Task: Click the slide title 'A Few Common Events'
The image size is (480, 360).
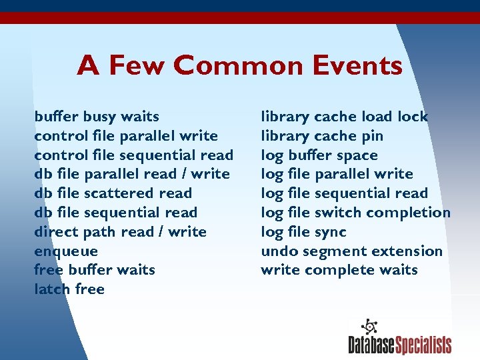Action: coord(239,66)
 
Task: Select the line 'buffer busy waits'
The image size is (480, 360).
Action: coord(97,117)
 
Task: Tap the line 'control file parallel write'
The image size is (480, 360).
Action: coord(126,136)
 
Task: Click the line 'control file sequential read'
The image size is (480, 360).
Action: coord(133,155)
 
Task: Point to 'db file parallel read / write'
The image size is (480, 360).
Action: coord(132,174)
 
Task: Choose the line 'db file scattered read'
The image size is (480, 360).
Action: coord(113,193)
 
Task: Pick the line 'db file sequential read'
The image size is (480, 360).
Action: coord(115,213)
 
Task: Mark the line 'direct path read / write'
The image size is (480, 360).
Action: coord(120,232)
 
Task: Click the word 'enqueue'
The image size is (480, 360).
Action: coord(66,251)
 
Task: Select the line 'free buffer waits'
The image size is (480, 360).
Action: coord(95,270)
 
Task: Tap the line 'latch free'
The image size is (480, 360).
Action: coord(69,289)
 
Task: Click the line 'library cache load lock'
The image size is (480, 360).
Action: coord(344,117)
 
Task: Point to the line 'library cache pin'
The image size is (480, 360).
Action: coord(322,136)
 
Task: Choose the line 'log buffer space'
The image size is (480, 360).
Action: coord(319,155)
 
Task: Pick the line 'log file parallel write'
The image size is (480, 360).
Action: coord(337,174)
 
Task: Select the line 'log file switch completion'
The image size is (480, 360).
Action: coord(355,213)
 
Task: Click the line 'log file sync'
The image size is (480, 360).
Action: coord(303,232)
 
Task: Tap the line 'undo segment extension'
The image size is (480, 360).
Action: coord(351,251)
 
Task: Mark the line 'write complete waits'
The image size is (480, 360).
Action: coord(339,270)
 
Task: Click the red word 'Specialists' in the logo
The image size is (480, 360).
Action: coord(423,345)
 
